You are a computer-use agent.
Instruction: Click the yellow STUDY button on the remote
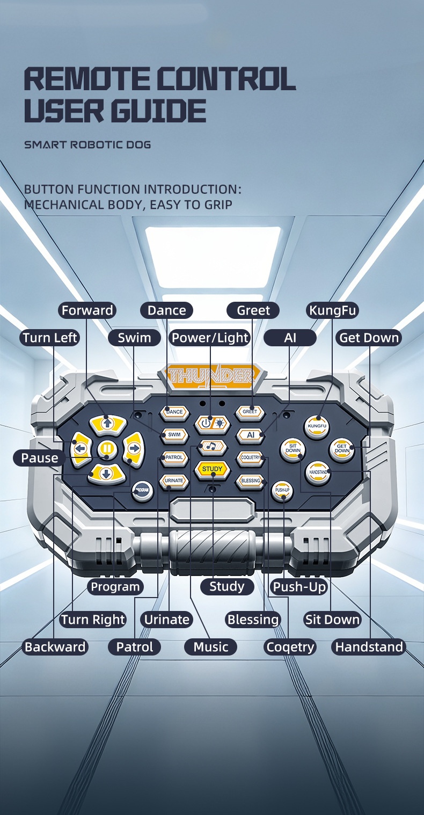click(x=213, y=469)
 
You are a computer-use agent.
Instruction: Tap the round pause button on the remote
click(x=107, y=449)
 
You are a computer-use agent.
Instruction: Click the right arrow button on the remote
click(x=133, y=449)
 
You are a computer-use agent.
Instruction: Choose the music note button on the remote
click(x=213, y=447)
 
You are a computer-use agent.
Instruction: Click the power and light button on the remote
click(x=213, y=424)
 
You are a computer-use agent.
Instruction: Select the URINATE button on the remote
click(x=174, y=481)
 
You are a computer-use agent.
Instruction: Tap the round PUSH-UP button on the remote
click(x=282, y=491)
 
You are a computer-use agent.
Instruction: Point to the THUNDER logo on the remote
click(x=213, y=375)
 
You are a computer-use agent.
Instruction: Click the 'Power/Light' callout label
click(x=210, y=338)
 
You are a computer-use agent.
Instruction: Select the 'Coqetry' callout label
click(x=290, y=647)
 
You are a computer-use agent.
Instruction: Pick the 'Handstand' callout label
click(x=369, y=647)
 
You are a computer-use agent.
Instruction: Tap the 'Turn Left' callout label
click(x=50, y=338)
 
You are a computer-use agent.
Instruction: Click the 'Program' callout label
click(x=115, y=587)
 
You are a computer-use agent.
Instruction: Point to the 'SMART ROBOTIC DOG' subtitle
click(x=87, y=145)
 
